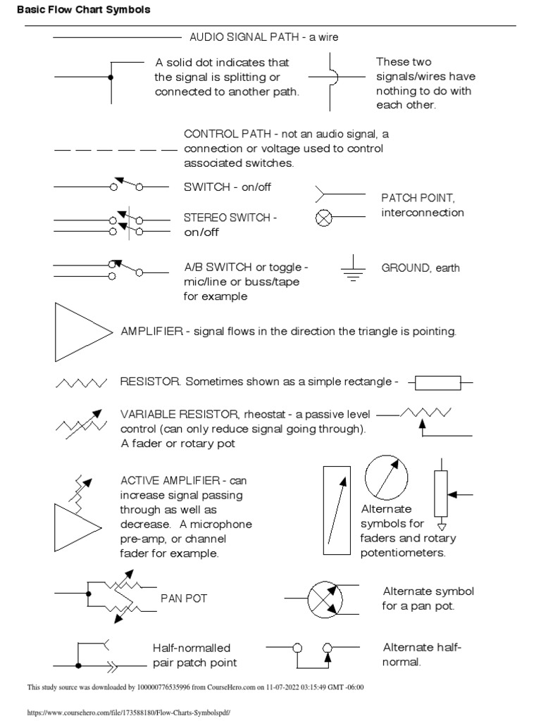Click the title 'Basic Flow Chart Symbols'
point(83,11)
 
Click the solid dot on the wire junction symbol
point(109,77)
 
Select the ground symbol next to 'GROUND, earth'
point(353,269)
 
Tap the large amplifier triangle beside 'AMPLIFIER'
point(80,332)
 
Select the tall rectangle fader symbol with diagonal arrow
point(337,510)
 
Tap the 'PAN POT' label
point(184,598)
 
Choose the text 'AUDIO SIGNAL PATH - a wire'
point(264,37)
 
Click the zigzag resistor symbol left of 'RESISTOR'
point(80,383)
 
